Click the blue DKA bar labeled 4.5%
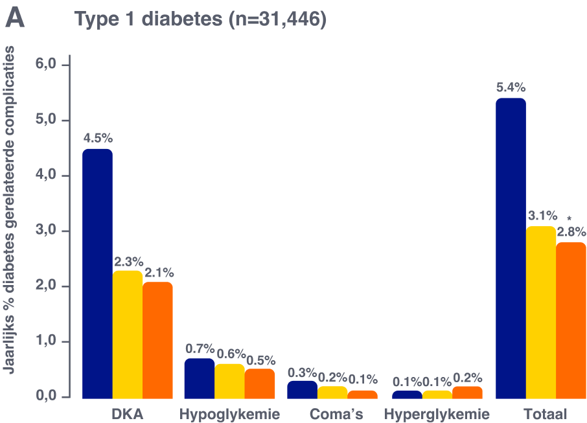(x=97, y=272)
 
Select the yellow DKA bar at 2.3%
(x=128, y=334)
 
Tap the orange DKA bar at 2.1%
(x=158, y=339)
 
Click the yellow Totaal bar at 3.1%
(x=541, y=311)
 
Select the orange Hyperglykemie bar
(x=467, y=392)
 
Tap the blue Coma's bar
(x=302, y=389)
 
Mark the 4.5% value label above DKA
(x=97, y=138)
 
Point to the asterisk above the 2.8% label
(x=569, y=218)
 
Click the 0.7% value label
(x=200, y=349)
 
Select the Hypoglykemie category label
(x=229, y=414)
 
